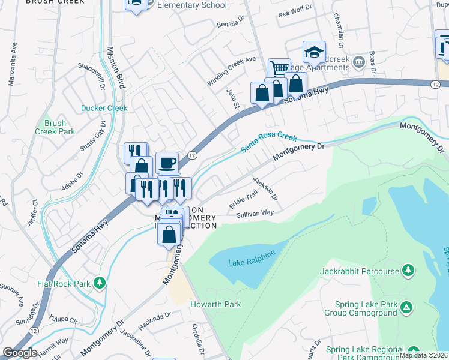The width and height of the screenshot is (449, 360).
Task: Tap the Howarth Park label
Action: [215, 304]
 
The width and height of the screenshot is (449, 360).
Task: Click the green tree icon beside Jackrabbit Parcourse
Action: [408, 271]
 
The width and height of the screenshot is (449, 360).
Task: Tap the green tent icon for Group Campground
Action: [407, 308]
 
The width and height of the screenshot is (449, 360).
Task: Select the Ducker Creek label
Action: [104, 109]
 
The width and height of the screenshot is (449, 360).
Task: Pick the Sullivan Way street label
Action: [255, 213]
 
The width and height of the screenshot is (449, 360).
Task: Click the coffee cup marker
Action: [167, 162]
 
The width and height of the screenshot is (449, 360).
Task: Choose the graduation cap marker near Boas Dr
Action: [314, 52]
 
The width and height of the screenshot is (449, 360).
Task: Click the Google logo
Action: [20, 353]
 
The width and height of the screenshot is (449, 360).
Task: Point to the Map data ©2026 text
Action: [423, 355]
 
